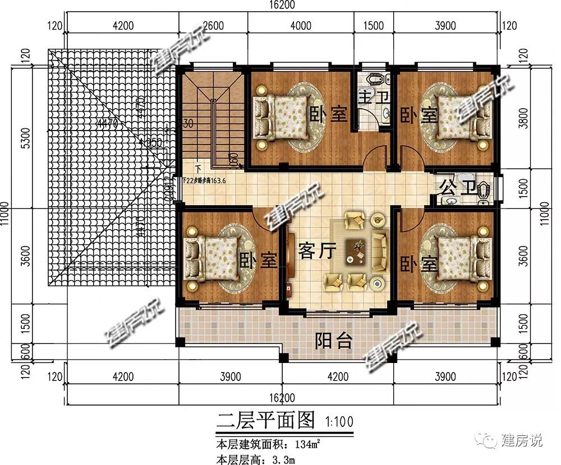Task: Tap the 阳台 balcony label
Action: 333,340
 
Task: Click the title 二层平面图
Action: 264,420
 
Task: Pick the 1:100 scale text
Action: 335,420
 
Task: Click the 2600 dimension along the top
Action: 213,25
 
